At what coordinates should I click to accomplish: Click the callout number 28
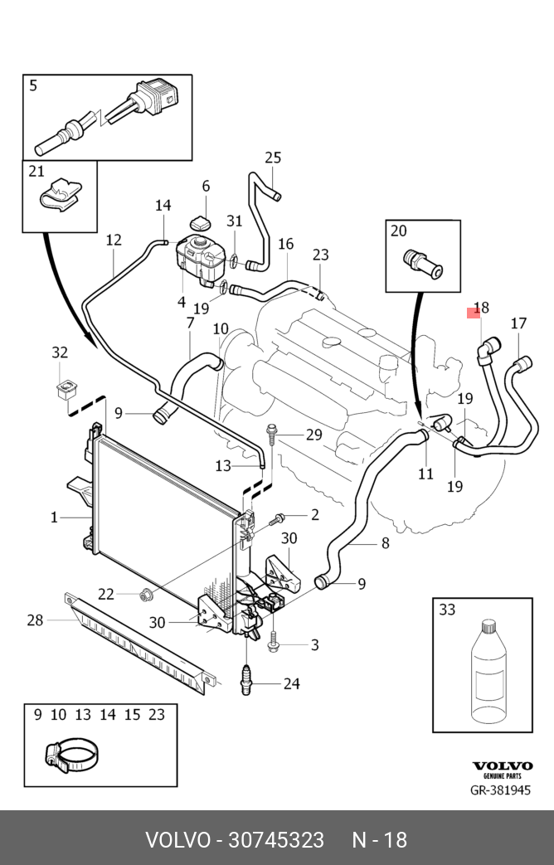click(x=35, y=620)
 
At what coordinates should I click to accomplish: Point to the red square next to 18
click(x=474, y=313)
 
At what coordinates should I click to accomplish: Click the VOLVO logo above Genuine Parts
click(x=503, y=767)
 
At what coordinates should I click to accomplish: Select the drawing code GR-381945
click(x=500, y=790)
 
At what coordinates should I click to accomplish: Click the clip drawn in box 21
click(x=60, y=196)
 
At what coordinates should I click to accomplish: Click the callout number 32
click(x=60, y=352)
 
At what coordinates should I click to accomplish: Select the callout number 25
click(x=273, y=158)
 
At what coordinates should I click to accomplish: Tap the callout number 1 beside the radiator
click(x=55, y=518)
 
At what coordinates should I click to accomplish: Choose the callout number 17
click(x=518, y=323)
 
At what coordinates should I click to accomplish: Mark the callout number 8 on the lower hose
click(x=385, y=544)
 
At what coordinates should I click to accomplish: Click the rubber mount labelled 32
click(x=63, y=388)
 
